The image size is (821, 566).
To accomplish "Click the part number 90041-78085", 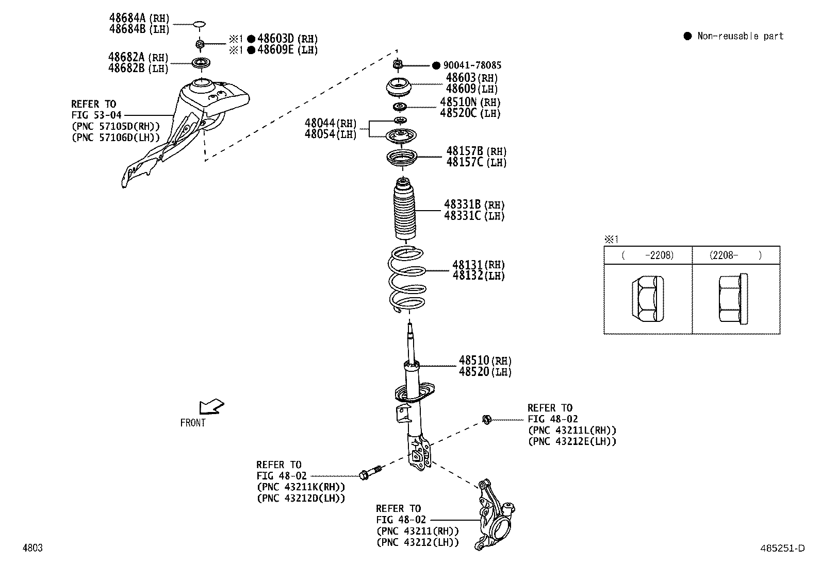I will click(x=472, y=65).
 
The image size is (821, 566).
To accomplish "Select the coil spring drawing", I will click(x=407, y=279).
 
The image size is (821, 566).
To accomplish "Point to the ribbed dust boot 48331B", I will click(x=405, y=210).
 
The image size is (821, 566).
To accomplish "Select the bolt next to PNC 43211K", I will click(x=370, y=473).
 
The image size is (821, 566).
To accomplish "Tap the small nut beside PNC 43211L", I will click(x=485, y=419).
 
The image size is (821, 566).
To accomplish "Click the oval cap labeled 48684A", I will click(x=199, y=24).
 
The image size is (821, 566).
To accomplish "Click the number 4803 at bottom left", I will click(x=32, y=548).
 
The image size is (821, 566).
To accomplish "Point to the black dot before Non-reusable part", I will click(x=687, y=36).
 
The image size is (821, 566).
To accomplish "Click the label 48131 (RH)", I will click(x=479, y=265).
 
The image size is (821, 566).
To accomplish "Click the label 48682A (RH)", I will click(x=138, y=57).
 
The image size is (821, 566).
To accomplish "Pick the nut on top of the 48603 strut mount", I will click(x=398, y=65).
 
